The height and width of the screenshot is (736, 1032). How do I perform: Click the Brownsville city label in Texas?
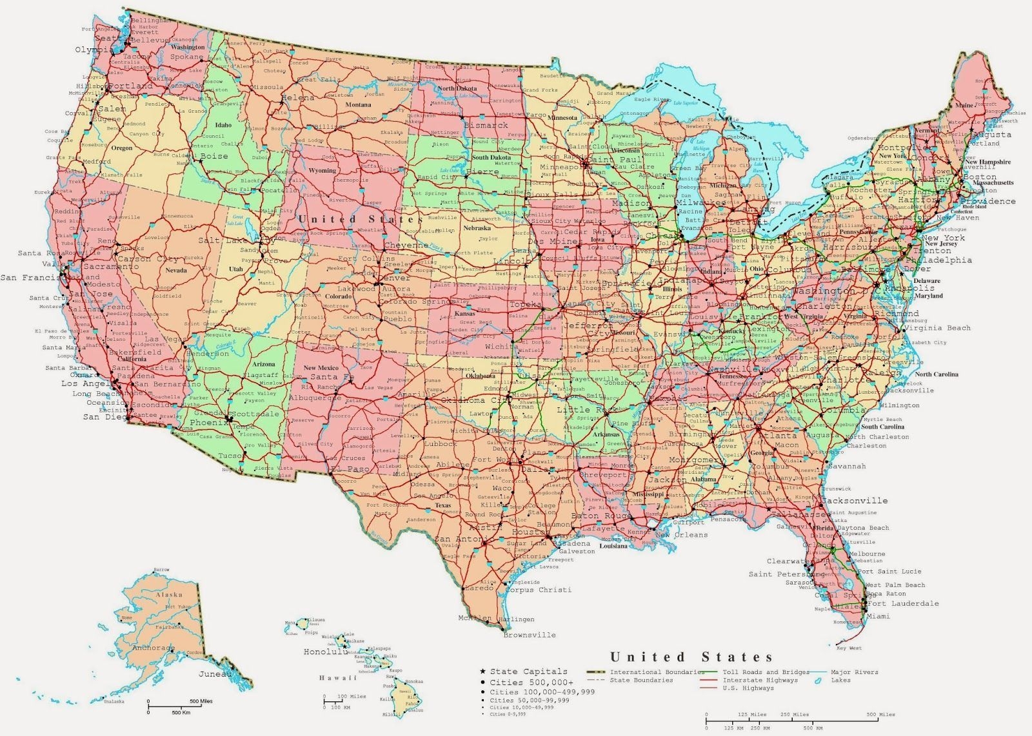(x=529, y=635)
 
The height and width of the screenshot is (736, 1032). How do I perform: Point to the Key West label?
(x=849, y=648)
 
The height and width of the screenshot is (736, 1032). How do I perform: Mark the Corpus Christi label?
(x=538, y=590)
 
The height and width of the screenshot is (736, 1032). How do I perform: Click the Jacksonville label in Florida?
(x=856, y=500)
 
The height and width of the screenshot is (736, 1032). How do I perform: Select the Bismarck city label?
(x=487, y=125)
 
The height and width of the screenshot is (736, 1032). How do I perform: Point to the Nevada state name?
(x=176, y=271)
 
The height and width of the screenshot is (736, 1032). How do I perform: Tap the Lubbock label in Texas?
(x=441, y=443)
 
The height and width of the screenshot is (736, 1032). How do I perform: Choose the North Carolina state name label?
(x=936, y=374)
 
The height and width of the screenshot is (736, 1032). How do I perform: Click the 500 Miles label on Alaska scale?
(x=201, y=701)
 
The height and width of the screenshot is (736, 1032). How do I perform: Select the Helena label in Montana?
(x=297, y=98)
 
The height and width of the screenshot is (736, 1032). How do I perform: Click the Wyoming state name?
(x=322, y=171)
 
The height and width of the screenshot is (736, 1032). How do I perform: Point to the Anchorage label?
(x=154, y=648)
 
